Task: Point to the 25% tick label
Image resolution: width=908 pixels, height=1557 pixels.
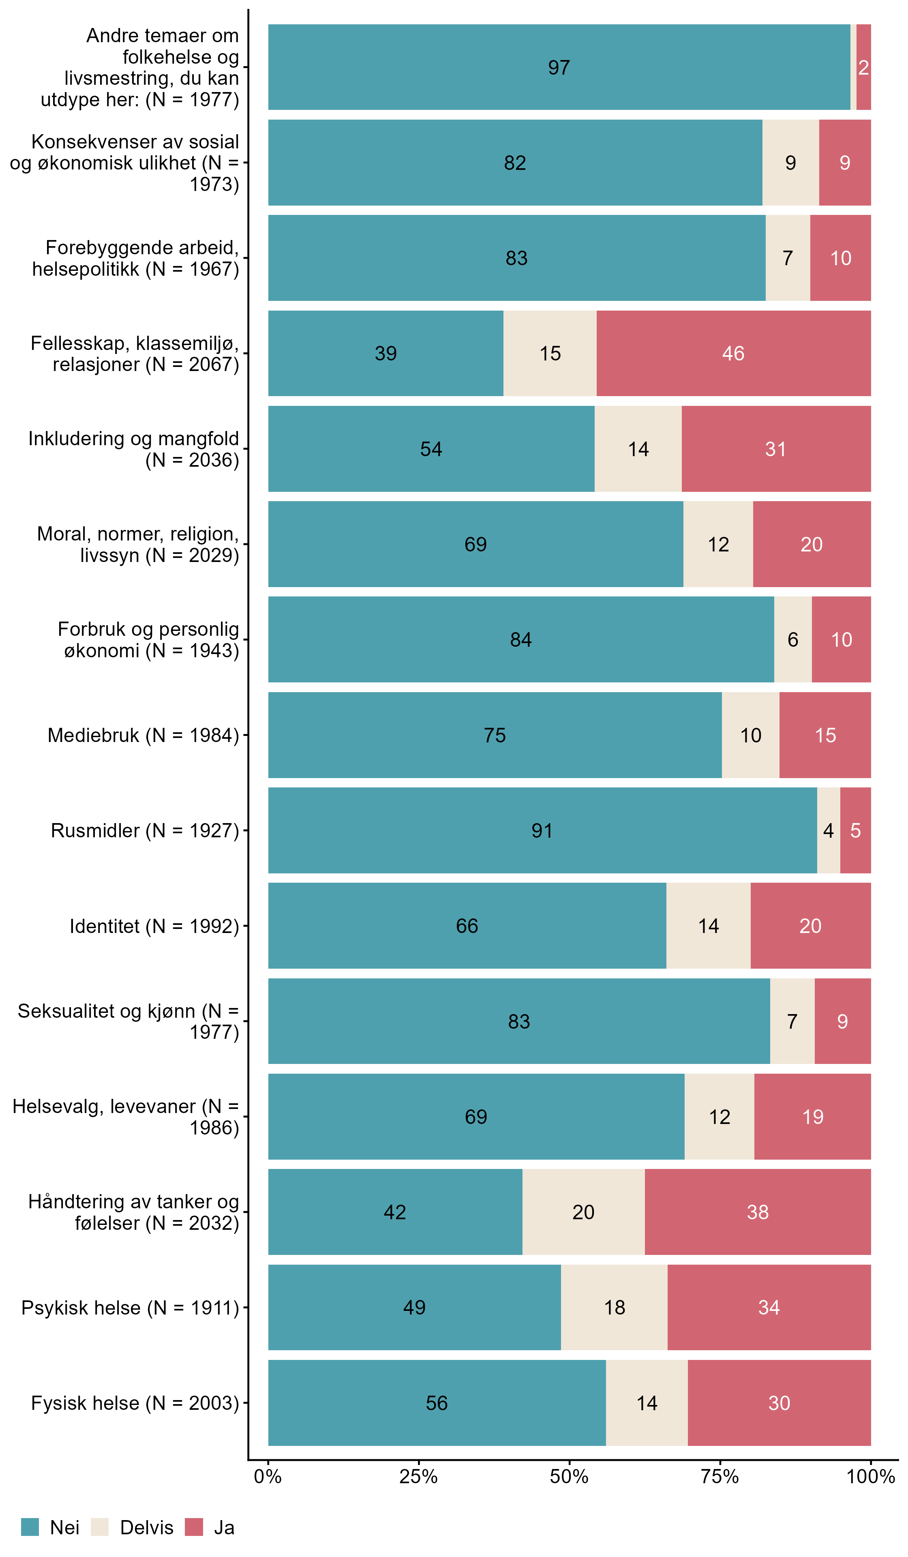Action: pyautogui.click(x=418, y=1477)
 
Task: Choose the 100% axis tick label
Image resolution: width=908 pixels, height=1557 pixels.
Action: pyautogui.click(x=870, y=1477)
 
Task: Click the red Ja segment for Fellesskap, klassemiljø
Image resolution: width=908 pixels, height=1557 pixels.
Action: pyautogui.click(x=733, y=354)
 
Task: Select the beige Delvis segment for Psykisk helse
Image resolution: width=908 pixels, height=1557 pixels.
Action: pyautogui.click(x=614, y=1307)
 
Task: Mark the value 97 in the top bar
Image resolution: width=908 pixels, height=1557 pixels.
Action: pyautogui.click(x=559, y=67)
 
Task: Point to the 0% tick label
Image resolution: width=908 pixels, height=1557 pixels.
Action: pyautogui.click(x=268, y=1477)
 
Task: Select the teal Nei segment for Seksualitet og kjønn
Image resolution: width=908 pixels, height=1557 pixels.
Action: pyautogui.click(x=519, y=1021)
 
